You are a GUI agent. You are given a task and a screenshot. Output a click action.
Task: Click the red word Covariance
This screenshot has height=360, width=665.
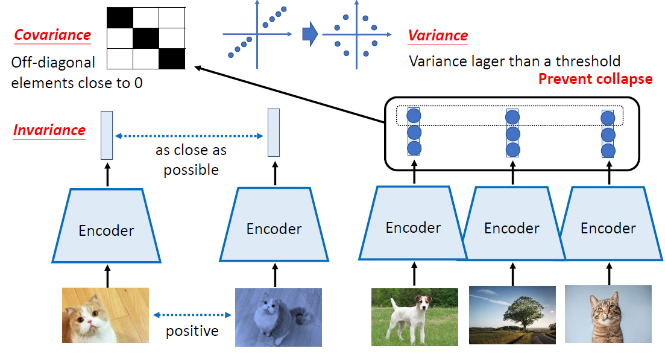tap(52, 35)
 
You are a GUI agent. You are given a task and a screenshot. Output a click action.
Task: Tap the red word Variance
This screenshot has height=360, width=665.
tap(438, 36)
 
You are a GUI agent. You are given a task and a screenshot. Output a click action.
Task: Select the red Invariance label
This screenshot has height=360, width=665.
tap(49, 130)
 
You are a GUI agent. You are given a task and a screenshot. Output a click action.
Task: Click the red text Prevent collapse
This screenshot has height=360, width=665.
tap(595, 79)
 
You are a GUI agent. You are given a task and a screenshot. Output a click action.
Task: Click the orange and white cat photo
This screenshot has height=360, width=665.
tap(106, 315)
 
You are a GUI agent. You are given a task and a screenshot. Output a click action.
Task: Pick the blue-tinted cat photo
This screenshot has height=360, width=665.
tap(278, 317)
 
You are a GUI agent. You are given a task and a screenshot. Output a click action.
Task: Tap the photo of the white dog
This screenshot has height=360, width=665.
tap(414, 316)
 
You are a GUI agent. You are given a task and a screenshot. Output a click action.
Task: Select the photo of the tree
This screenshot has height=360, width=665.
tap(512, 315)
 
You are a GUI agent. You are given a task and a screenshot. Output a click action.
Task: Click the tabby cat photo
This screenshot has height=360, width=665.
tap(608, 314)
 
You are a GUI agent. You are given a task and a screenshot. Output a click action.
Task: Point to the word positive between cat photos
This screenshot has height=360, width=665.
tap(192, 331)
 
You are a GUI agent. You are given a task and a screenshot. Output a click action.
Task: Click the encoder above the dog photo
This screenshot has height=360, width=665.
tap(413, 227)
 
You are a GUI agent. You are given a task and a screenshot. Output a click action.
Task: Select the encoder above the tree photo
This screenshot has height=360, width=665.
tap(512, 228)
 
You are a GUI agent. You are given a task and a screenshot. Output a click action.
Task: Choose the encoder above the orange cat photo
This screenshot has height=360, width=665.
tap(106, 229)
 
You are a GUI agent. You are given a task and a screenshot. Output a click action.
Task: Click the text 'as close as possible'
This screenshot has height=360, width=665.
tap(191, 160)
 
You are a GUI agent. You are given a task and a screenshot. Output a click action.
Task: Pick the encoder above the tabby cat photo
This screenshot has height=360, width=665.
tap(608, 228)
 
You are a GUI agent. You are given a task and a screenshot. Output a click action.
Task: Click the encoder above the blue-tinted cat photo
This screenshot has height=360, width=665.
tap(274, 229)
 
